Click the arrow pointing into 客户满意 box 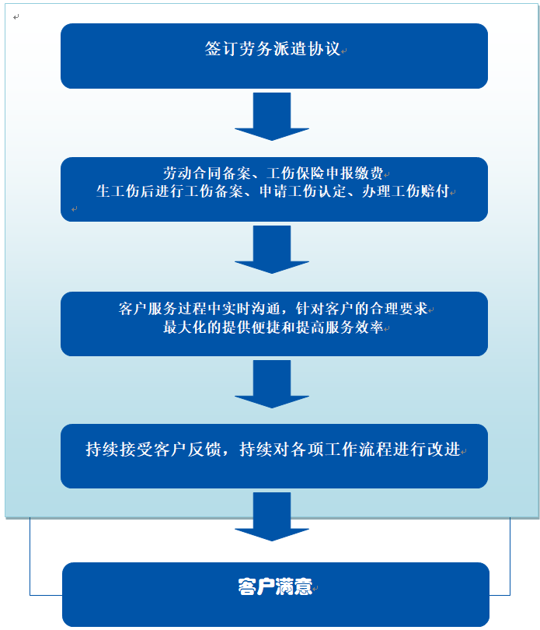[x=272, y=517]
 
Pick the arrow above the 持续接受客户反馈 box [x=272, y=385]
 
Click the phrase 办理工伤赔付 [x=406, y=191]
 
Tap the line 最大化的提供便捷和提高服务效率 [x=273, y=327]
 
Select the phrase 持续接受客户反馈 [x=153, y=450]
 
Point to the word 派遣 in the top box [x=291, y=49]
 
